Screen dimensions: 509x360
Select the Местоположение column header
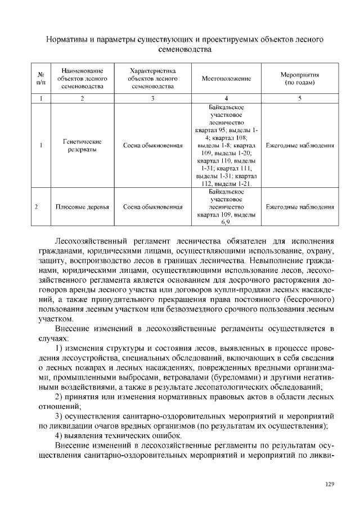[x=226, y=79]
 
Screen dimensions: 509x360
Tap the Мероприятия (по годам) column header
[x=300, y=79]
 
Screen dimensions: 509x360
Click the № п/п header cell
[x=40, y=79]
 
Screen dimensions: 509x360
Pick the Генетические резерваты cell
[x=82, y=145]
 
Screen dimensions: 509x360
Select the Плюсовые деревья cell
[x=82, y=207]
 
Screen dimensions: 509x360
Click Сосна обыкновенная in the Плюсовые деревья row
[x=153, y=207]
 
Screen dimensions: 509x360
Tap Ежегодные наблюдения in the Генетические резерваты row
[x=300, y=145]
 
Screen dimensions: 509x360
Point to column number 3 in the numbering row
[x=153, y=98]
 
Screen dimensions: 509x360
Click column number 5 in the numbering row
[x=300, y=98]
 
